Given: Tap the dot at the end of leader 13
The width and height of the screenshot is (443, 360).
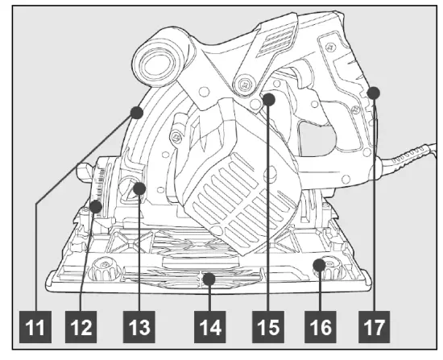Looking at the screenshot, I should point(139,189).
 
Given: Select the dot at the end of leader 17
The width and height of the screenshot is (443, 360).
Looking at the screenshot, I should point(374,94).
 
